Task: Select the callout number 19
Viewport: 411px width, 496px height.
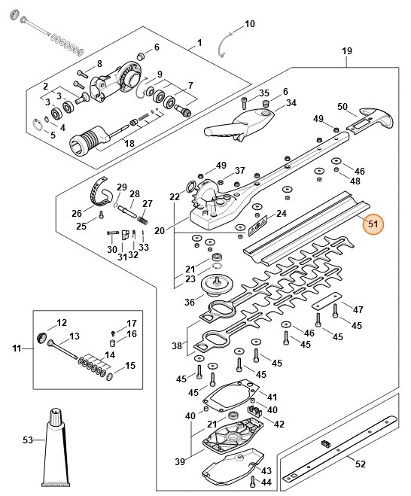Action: click(x=347, y=51)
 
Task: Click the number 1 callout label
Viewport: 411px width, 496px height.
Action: click(x=199, y=42)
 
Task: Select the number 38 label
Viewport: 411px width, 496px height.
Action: click(x=177, y=347)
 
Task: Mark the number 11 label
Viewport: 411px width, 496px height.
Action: click(x=17, y=348)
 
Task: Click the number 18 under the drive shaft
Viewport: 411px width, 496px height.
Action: click(x=129, y=144)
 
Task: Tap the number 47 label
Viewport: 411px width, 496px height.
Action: click(x=358, y=310)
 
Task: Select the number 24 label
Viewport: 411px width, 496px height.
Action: click(x=282, y=214)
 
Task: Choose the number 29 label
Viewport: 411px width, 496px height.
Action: click(x=122, y=187)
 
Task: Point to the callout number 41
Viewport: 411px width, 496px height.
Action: click(x=272, y=396)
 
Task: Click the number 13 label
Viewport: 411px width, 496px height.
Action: click(x=74, y=336)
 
